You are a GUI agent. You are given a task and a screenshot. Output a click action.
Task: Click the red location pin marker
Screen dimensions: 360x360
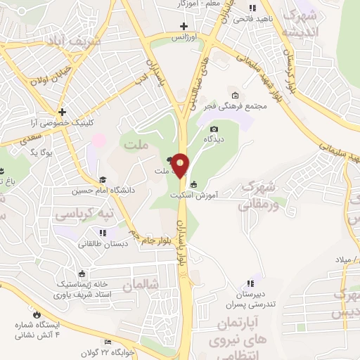(181, 165)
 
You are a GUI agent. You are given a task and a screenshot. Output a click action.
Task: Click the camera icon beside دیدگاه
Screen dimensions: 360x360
(214, 129)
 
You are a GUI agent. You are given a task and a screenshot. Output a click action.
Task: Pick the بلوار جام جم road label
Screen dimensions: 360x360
(150, 231)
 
